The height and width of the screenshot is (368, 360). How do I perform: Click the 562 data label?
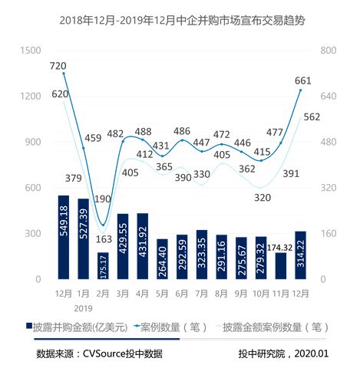[x=334, y=117]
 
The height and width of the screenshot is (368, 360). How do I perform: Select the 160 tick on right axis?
[x=322, y=234]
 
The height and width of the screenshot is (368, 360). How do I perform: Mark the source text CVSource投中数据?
[x=99, y=353]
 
